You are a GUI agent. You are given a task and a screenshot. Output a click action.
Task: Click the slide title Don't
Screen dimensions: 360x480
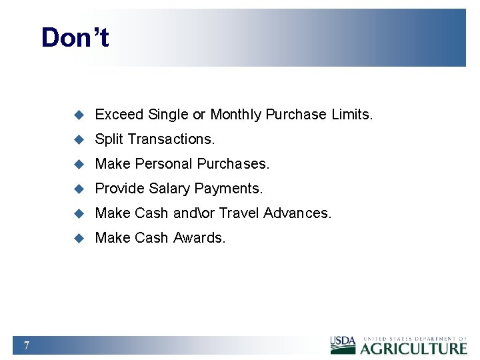tap(75, 37)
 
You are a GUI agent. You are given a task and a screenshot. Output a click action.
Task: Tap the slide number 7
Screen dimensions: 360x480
tap(26, 345)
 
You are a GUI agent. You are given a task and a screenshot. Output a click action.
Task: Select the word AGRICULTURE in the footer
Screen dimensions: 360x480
tap(414, 348)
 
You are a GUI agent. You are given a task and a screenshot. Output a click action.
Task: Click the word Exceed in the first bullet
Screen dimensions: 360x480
tap(119, 115)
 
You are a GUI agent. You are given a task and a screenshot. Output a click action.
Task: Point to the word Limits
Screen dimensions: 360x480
tap(351, 115)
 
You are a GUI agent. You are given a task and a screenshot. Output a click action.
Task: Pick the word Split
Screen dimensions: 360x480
tap(109, 139)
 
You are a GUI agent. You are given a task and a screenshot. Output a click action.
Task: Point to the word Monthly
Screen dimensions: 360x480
tap(236, 115)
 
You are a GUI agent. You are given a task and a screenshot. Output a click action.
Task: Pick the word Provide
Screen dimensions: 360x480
tap(121, 189)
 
